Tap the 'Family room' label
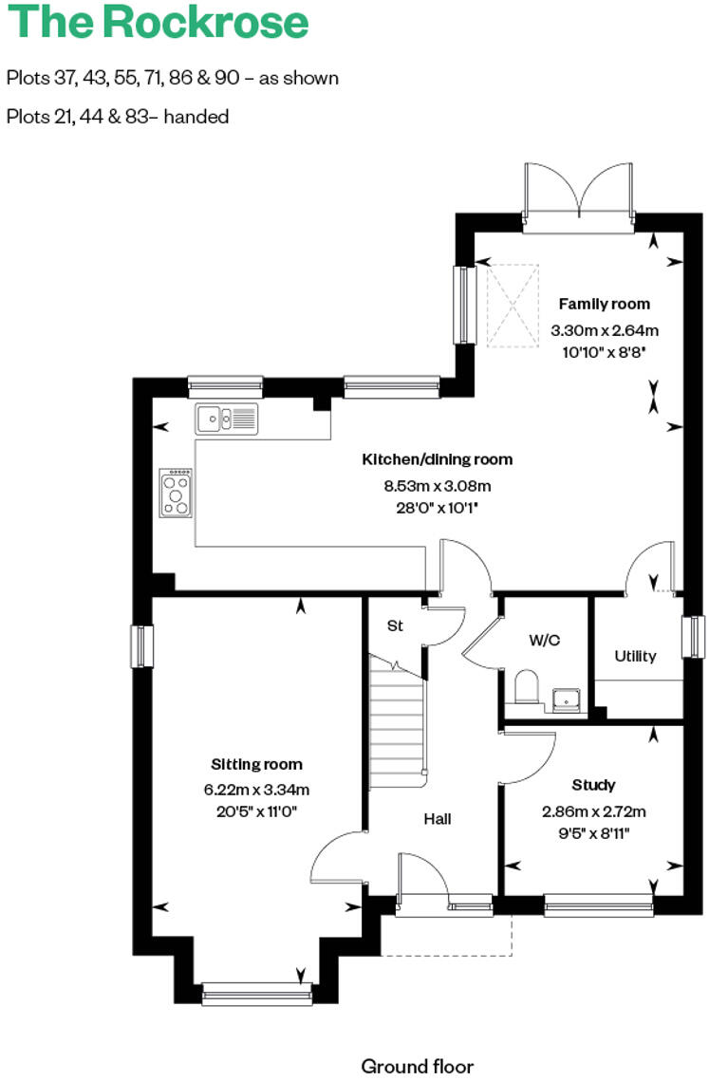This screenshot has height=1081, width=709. pyautogui.click(x=604, y=305)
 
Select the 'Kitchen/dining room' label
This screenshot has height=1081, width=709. pyautogui.click(x=437, y=460)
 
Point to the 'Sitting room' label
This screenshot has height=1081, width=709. pyautogui.click(x=256, y=764)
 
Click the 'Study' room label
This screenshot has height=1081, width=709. pyautogui.click(x=593, y=785)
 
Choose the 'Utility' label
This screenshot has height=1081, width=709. pyautogui.click(x=635, y=656)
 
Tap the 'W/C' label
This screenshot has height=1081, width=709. pyautogui.click(x=544, y=641)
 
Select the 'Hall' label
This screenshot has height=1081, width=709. pyautogui.click(x=437, y=818)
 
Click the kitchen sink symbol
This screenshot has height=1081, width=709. pyautogui.click(x=227, y=418)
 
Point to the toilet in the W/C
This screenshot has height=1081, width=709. pyautogui.click(x=525, y=687)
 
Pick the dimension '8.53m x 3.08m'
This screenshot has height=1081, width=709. pyautogui.click(x=437, y=486)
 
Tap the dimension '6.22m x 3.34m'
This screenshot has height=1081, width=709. pyautogui.click(x=256, y=790)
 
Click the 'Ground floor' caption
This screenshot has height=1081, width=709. pyautogui.click(x=417, y=1067)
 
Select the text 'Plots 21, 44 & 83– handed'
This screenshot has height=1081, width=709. pyautogui.click(x=118, y=117)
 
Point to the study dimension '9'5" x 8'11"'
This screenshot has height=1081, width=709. pyautogui.click(x=593, y=833)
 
